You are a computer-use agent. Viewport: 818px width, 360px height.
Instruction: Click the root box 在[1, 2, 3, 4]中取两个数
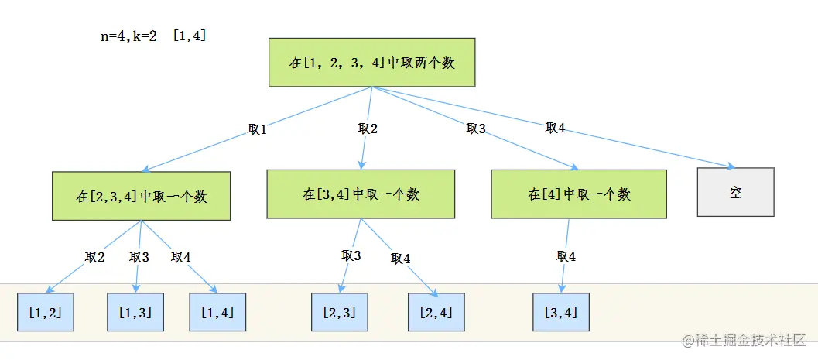point(371,63)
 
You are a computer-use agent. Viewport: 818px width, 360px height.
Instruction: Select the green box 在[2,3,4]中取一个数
point(142,196)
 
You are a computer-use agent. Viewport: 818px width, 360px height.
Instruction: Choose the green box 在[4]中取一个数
point(578,194)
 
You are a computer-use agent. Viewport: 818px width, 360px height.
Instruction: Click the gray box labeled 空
point(735,192)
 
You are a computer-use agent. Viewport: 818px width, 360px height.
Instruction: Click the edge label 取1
point(257,130)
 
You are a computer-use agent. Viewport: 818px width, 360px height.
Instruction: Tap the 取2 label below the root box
point(368,129)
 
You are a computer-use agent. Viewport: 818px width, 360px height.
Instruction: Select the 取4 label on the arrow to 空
point(555,128)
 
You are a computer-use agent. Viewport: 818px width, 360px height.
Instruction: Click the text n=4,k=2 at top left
point(129,36)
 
